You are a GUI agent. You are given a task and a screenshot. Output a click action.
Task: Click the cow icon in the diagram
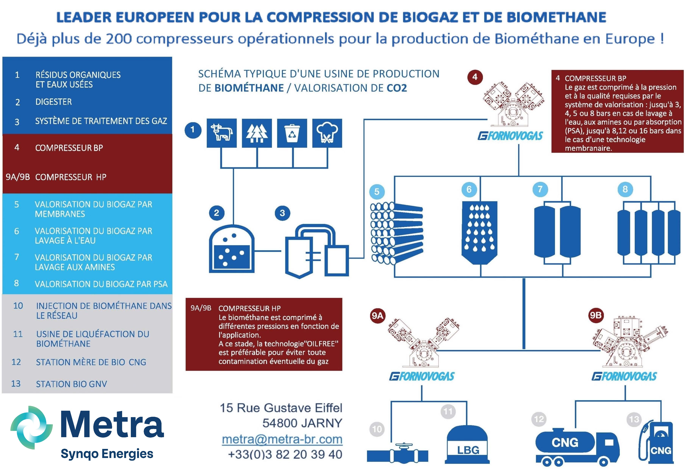click(221, 133)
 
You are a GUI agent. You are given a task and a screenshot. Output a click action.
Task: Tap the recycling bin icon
click(292, 133)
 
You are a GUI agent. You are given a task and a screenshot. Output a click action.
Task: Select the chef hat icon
click(327, 133)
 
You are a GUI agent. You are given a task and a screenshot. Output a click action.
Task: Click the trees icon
click(257, 133)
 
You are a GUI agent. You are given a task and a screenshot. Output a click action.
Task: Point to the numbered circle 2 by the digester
click(217, 213)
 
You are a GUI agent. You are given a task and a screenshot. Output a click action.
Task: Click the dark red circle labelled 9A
click(378, 315)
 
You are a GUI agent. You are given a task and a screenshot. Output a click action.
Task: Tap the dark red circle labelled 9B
click(596, 315)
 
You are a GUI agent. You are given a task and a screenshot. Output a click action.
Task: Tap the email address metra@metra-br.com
click(282, 439)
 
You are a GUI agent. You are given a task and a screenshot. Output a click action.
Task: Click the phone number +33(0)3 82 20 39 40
click(285, 454)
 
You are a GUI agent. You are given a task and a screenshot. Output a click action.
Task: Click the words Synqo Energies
click(107, 454)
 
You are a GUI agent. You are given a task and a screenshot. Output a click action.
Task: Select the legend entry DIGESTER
click(54, 102)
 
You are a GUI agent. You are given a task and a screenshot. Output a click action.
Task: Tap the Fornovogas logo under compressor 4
click(510, 136)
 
